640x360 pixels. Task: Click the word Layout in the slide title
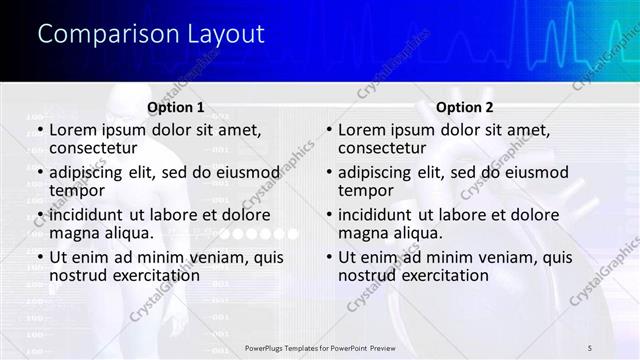[x=226, y=34]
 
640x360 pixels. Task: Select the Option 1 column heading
[x=176, y=107]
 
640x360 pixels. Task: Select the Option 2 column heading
[x=465, y=107]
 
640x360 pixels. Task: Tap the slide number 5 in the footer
[x=591, y=347]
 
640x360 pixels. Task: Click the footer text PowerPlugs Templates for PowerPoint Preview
[x=326, y=347]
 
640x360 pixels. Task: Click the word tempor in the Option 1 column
[x=75, y=190]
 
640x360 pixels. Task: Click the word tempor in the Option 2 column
[x=364, y=190]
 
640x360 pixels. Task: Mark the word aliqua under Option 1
[x=128, y=233]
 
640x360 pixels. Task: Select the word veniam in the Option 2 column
[x=510, y=257]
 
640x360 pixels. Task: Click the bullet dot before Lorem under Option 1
[x=40, y=130]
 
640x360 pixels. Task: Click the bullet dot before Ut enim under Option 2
[x=329, y=257]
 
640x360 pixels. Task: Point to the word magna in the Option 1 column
[x=73, y=233]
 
